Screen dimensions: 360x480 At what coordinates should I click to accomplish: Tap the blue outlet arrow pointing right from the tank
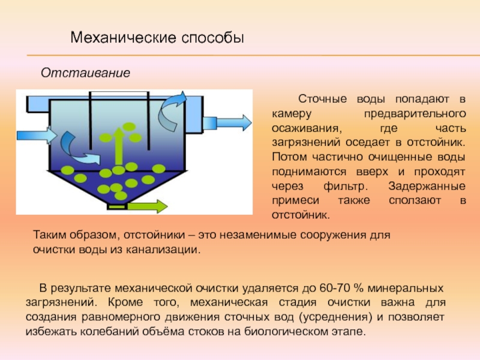tap(228, 122)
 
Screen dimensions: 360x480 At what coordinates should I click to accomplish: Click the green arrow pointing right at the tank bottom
tap(148, 207)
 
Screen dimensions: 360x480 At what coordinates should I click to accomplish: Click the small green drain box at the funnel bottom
tap(117, 206)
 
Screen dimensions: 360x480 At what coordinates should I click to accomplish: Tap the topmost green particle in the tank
tap(128, 126)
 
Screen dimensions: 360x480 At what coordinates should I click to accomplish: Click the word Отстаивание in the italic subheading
tap(85, 73)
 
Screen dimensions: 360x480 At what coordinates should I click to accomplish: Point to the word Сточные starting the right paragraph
tap(321, 98)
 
